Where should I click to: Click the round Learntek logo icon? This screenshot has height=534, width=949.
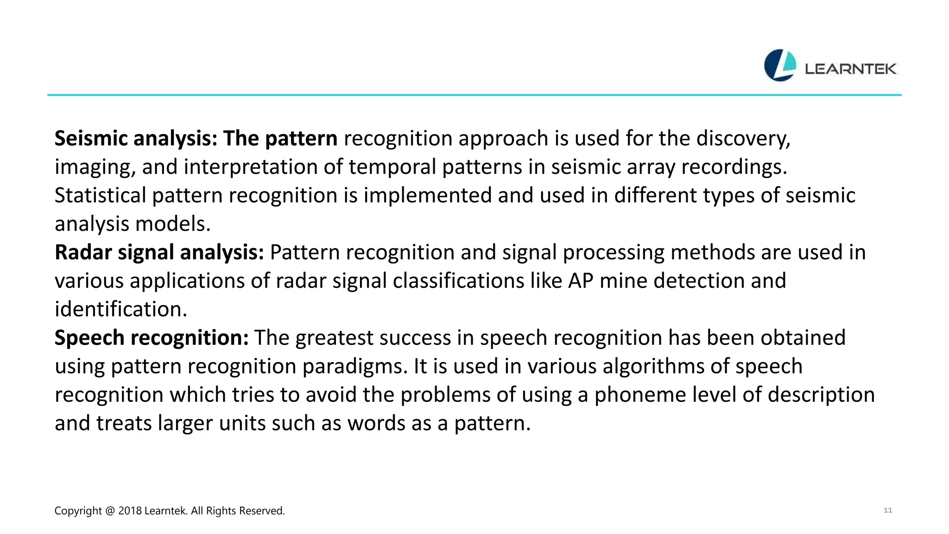click(780, 65)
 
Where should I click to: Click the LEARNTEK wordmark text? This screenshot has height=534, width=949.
click(850, 69)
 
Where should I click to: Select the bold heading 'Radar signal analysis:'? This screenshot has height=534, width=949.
click(159, 253)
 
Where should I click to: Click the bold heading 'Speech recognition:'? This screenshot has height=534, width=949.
click(152, 338)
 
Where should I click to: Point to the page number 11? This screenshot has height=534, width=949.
click(887, 510)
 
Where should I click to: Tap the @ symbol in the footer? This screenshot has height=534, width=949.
click(110, 511)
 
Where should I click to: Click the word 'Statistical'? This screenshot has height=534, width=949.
click(100, 196)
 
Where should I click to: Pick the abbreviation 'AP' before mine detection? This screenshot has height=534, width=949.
click(581, 281)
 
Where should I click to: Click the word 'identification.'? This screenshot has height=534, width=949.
click(121, 310)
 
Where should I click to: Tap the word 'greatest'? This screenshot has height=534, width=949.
click(334, 338)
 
